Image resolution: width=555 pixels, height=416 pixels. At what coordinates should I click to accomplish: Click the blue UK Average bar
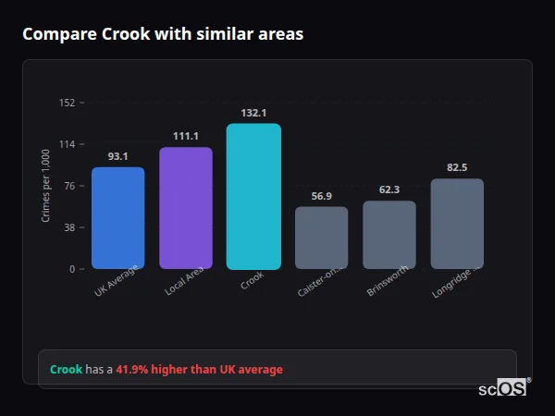coord(117,218)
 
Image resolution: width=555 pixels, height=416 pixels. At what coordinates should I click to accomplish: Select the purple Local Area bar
coord(186,208)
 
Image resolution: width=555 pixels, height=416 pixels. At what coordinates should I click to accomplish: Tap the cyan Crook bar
coord(253,196)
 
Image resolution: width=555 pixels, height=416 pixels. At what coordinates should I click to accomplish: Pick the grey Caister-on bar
coord(322,238)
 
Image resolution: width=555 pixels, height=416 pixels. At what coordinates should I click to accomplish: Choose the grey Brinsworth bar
coord(389,235)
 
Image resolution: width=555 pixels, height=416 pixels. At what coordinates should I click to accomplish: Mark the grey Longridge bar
coord(457,224)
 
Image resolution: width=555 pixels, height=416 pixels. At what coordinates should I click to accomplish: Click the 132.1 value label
coord(253,113)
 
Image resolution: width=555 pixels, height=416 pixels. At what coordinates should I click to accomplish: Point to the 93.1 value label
coord(117,156)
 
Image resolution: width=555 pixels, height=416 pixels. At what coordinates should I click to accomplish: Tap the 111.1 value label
coord(186,136)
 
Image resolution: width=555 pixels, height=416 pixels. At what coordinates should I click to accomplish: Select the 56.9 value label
coord(322,196)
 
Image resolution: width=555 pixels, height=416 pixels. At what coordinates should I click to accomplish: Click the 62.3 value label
coord(389,190)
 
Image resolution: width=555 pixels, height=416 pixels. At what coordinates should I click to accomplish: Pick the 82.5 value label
coord(457,167)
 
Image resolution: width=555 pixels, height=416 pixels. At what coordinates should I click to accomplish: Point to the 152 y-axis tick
coord(67,103)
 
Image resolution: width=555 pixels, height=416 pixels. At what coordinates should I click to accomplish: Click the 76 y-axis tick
coord(69,186)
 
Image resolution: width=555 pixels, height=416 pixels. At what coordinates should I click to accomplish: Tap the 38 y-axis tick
coord(69,227)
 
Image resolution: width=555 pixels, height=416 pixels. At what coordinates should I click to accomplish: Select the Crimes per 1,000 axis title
coord(46,185)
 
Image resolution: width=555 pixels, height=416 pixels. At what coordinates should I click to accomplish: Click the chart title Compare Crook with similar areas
coord(163,34)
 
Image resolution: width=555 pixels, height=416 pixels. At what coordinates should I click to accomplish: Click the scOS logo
coord(503,388)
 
